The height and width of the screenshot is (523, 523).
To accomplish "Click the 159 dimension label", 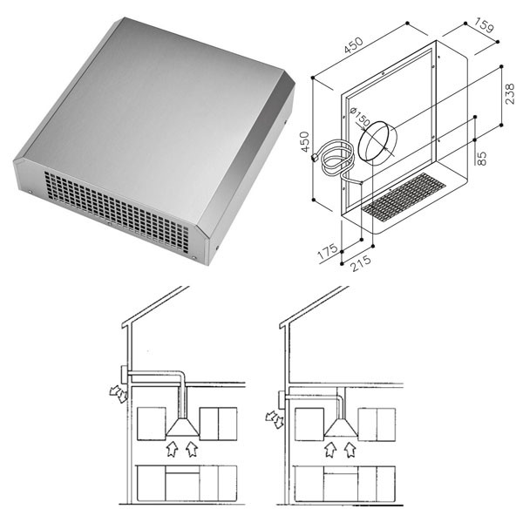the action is click(x=484, y=25).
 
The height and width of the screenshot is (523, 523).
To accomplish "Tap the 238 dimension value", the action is click(x=510, y=94).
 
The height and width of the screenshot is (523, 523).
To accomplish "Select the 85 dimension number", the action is click(x=482, y=158).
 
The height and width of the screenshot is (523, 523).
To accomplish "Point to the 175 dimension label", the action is click(x=328, y=252).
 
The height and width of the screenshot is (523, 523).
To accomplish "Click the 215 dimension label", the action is click(x=361, y=263).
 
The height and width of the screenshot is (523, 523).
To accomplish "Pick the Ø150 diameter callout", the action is click(x=359, y=117).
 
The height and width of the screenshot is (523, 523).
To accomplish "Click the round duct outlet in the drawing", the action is click(x=377, y=140).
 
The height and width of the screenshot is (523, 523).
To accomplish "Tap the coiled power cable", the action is click(x=336, y=160).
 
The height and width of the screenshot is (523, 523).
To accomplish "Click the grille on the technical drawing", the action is click(x=404, y=197).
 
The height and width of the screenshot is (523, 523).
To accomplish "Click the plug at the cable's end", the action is click(x=314, y=157).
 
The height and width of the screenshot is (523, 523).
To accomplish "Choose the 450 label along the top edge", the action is click(x=353, y=45).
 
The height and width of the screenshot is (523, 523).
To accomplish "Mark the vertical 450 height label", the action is click(x=305, y=142).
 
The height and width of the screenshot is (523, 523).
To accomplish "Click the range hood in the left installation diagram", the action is click(x=182, y=427).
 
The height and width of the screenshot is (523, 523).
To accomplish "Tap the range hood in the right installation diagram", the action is click(x=341, y=428).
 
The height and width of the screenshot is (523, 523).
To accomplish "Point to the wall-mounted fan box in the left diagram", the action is click(x=124, y=375).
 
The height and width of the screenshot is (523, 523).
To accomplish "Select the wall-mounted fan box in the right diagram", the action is click(x=282, y=400).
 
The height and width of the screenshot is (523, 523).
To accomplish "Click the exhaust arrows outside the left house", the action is click(x=119, y=394).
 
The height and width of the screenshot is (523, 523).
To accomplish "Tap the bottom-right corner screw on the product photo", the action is click(x=194, y=257).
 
